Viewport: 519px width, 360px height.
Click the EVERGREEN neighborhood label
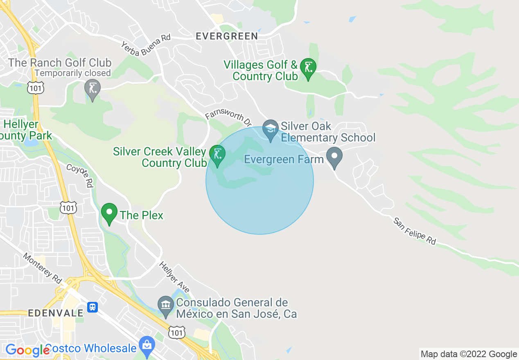click(x=227, y=36)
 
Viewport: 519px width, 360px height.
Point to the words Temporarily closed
click(x=73, y=73)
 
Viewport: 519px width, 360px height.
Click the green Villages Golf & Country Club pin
click(x=308, y=68)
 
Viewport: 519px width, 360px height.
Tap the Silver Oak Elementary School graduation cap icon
click(x=270, y=129)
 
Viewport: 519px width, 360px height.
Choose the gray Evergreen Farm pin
click(x=334, y=157)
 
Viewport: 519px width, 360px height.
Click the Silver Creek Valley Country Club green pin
click(x=217, y=155)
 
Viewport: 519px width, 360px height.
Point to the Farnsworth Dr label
click(x=228, y=118)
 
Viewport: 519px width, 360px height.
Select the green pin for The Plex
click(x=109, y=213)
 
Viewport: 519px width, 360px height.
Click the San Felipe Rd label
click(x=415, y=231)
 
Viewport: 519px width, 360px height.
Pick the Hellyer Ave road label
click(x=174, y=277)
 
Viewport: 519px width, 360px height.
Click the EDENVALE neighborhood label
click(x=56, y=313)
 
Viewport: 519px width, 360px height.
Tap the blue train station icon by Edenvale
click(x=93, y=307)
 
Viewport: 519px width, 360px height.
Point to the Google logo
click(x=27, y=350)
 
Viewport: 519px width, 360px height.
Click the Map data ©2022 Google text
click(x=469, y=354)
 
